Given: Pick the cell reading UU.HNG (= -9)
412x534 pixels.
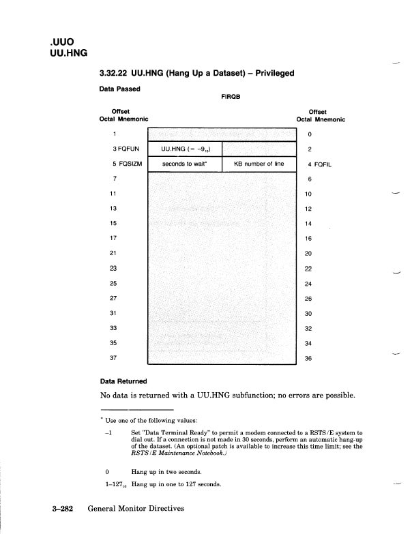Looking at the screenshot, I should click(185, 149).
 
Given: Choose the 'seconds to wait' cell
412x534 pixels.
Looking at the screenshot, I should click(185, 164).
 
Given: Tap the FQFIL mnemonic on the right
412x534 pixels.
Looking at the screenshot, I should click(322, 164).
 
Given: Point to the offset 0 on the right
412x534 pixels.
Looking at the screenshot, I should click(309, 134).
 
